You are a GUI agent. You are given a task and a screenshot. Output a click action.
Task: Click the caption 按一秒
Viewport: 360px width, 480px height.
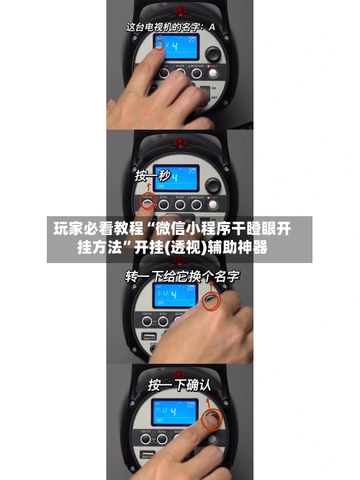point(153,175)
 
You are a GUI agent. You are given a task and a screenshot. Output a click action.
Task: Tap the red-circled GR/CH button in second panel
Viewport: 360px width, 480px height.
point(147,204)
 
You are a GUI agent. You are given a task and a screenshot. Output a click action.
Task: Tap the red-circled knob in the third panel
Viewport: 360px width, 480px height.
point(210,301)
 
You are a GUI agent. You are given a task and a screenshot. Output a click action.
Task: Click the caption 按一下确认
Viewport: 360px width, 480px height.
point(179,386)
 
